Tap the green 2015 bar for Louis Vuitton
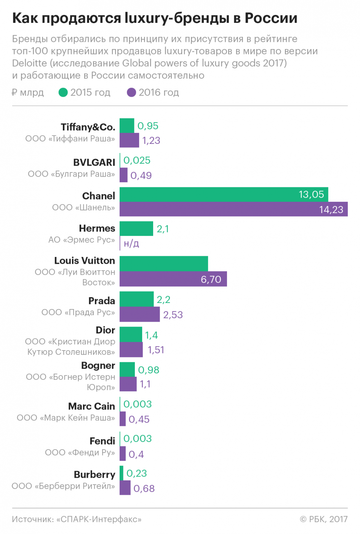point(164,263)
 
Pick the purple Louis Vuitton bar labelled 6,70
point(173,279)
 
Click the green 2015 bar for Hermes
point(136,229)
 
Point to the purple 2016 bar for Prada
point(140,314)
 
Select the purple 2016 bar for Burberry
point(125,488)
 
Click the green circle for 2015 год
point(63,92)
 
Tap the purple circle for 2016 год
point(131,92)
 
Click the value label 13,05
point(311,194)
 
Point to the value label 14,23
point(331,210)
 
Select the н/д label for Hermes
point(131,244)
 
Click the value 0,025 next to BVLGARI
point(137,160)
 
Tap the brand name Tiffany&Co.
point(88,127)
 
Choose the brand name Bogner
point(98,365)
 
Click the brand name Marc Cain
point(91,406)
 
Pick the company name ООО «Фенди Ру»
point(80,453)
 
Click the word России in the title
point(271,18)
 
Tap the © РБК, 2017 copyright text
point(324,519)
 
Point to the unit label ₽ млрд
point(28,92)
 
